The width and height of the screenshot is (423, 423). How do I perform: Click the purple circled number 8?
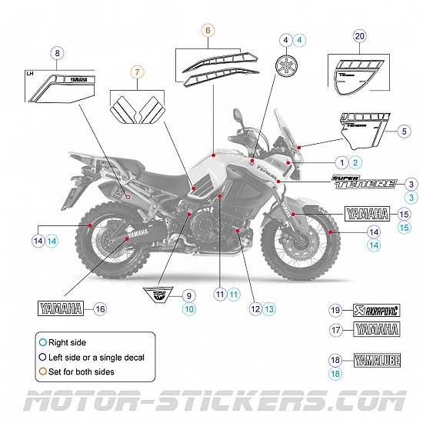click(55, 53)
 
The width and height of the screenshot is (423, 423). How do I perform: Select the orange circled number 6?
click(208, 31)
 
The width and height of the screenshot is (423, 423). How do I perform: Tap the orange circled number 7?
click(137, 74)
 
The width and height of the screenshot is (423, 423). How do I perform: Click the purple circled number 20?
click(360, 35)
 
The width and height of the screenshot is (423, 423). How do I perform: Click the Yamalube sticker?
click(376, 359)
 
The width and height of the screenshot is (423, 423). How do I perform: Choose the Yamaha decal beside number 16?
click(60, 309)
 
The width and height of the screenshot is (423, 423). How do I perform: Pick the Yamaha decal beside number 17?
click(376, 329)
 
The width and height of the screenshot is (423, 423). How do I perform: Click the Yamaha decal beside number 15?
click(367, 215)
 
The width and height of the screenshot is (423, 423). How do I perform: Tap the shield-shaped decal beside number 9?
click(160, 294)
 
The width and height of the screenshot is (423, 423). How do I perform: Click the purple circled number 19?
click(335, 310)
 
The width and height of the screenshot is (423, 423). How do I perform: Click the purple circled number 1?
click(340, 162)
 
